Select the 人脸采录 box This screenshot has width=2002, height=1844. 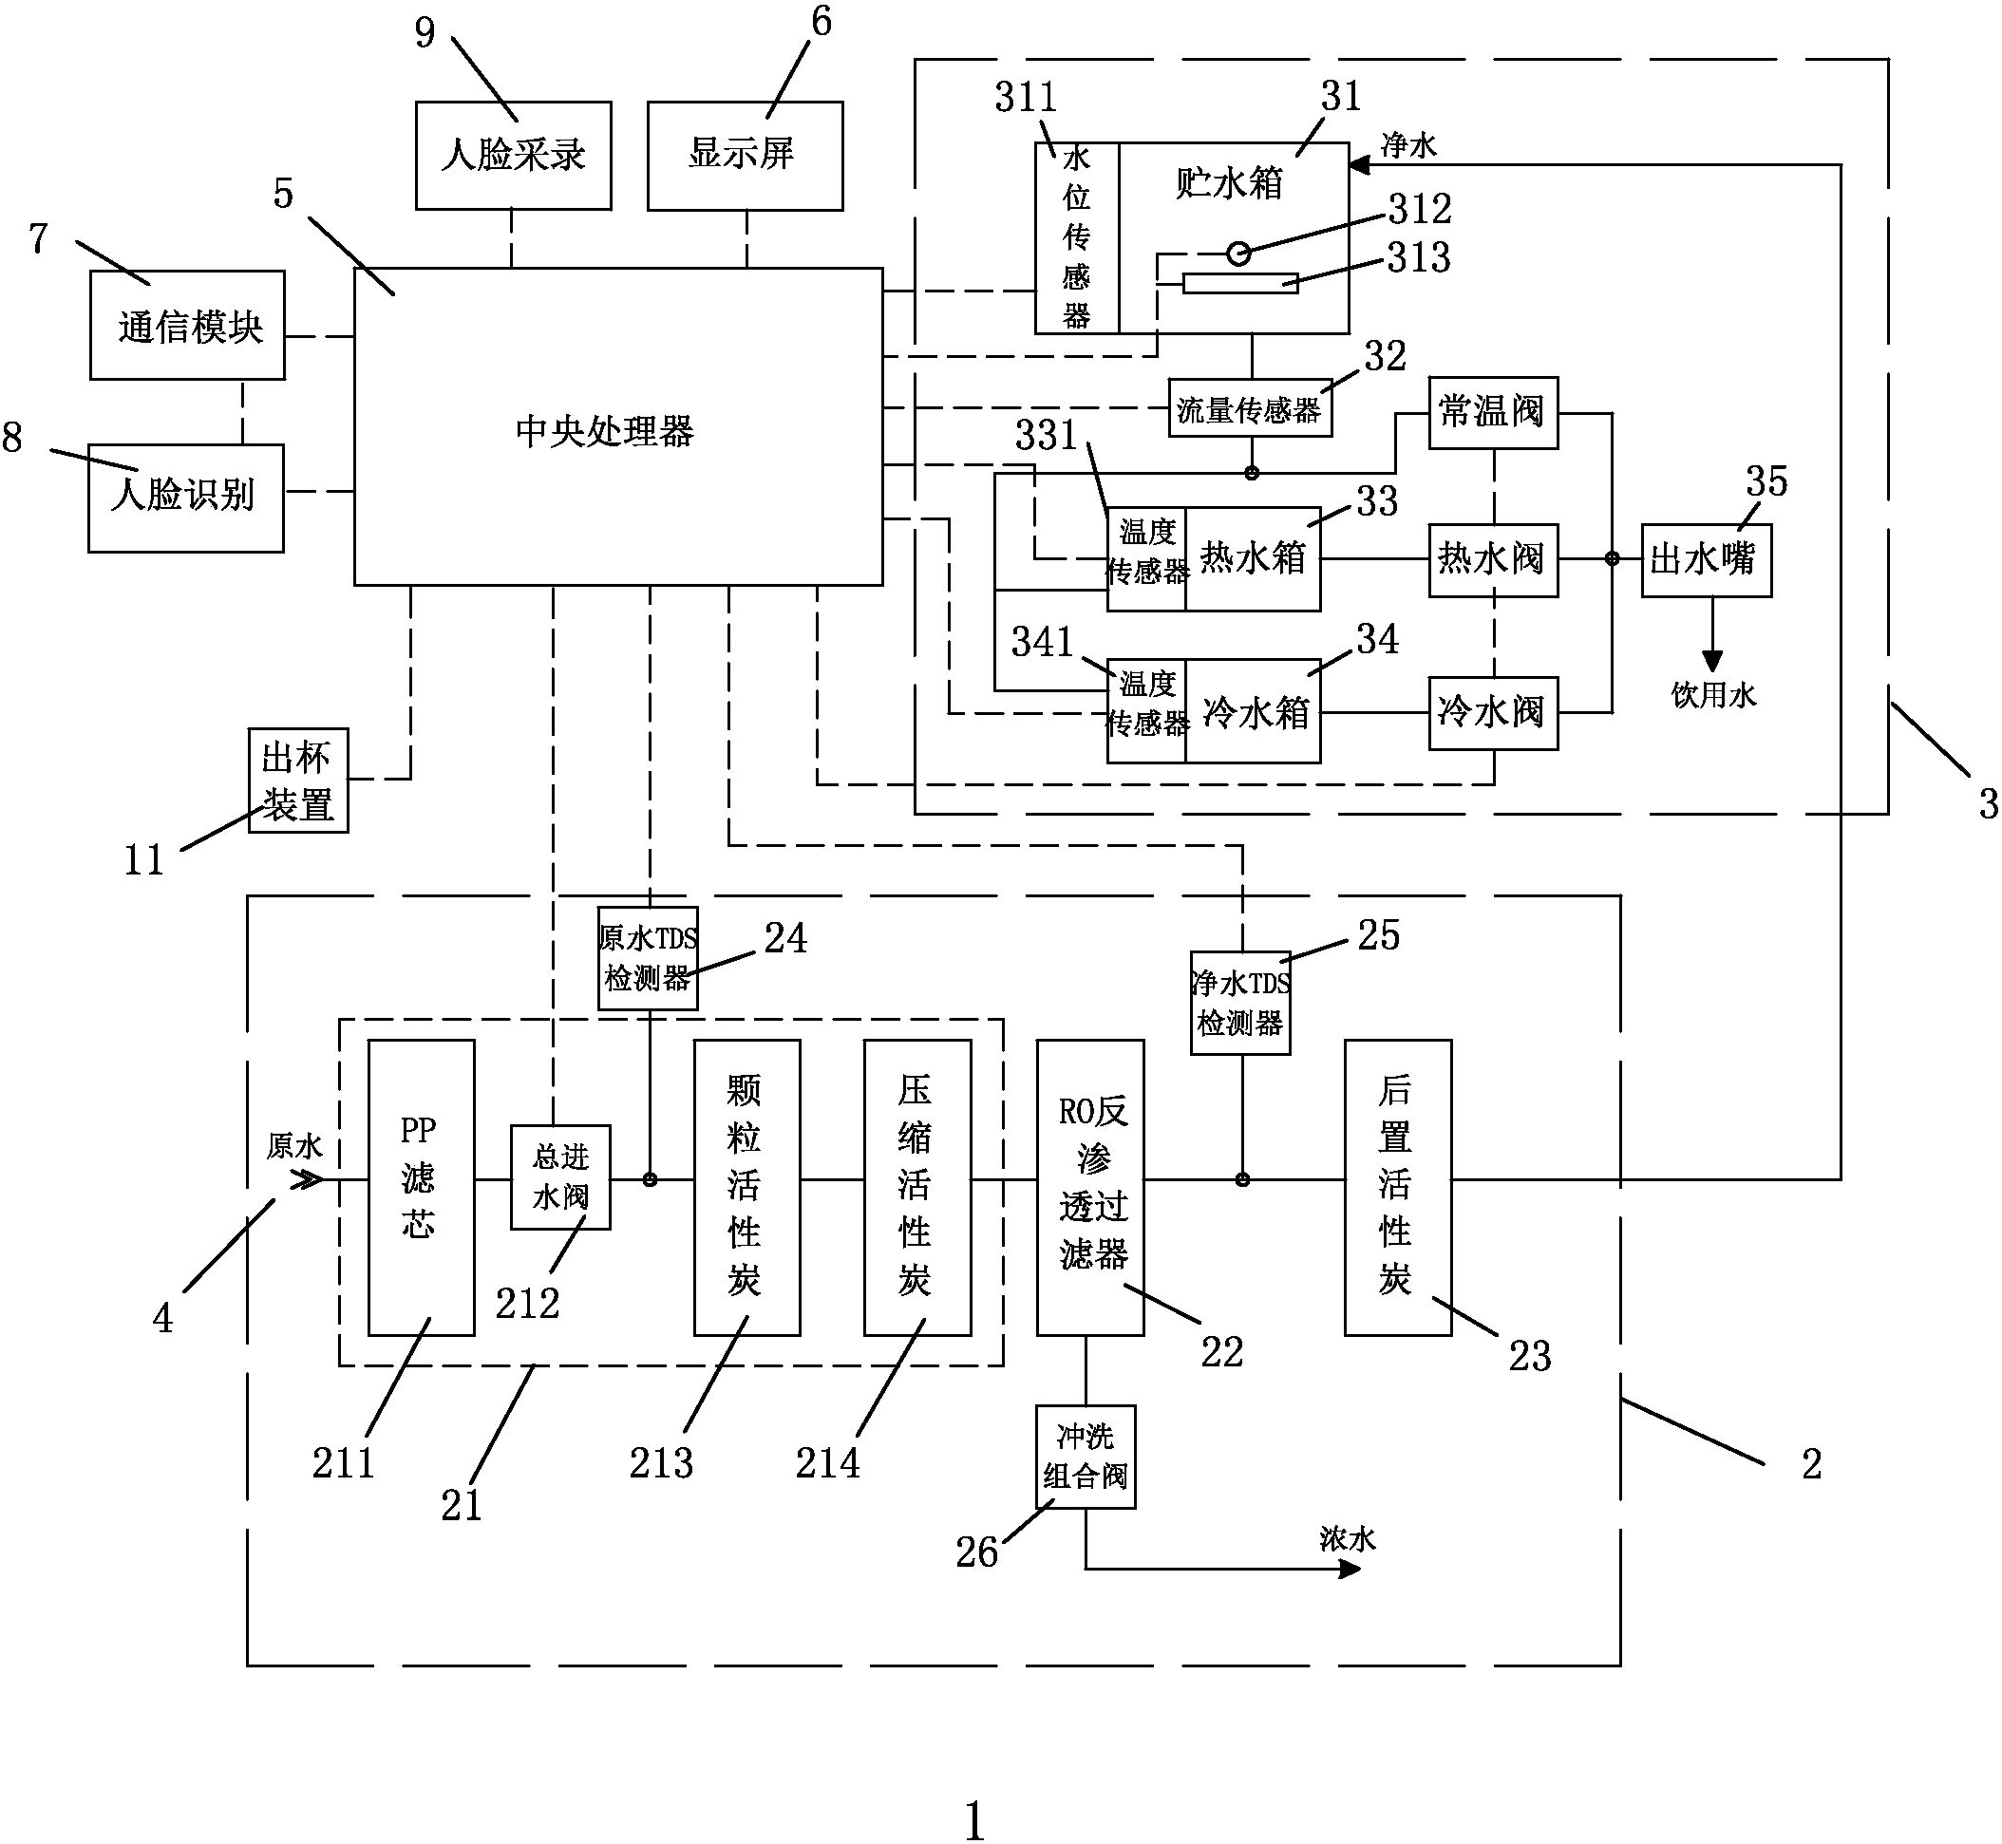pyautogui.click(x=513, y=156)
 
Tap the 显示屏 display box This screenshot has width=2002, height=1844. pyautogui.click(x=745, y=156)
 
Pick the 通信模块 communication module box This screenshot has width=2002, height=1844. pyautogui.click(x=188, y=326)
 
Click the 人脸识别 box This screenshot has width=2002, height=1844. pyautogui.click(x=185, y=498)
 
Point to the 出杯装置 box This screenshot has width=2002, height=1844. pyautogui.click(x=298, y=781)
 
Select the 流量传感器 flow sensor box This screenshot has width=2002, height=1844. pyautogui.click(x=1250, y=408)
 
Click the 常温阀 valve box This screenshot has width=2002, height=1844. pyautogui.click(x=1493, y=413)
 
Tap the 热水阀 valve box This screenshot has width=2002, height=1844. pyautogui.click(x=1493, y=561)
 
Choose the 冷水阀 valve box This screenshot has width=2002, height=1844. pyautogui.click(x=1493, y=713)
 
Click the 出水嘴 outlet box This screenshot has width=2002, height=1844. pyautogui.click(x=1707, y=561)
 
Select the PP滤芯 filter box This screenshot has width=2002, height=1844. pyautogui.click(x=421, y=1188)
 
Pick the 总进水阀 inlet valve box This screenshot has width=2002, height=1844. pyautogui.click(x=560, y=1177)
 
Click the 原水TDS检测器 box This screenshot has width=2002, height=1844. pyautogui.click(x=648, y=958)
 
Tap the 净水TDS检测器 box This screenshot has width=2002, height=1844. pyautogui.click(x=1240, y=1003)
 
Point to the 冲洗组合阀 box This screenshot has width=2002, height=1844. pyautogui.click(x=1086, y=1457)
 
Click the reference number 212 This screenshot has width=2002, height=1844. pyautogui.click(x=528, y=1303)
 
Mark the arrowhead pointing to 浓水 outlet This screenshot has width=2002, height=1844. pyautogui.click(x=1350, y=1570)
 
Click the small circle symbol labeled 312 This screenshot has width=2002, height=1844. pyautogui.click(x=1238, y=254)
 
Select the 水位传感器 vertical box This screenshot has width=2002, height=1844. pyautogui.click(x=1077, y=237)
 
